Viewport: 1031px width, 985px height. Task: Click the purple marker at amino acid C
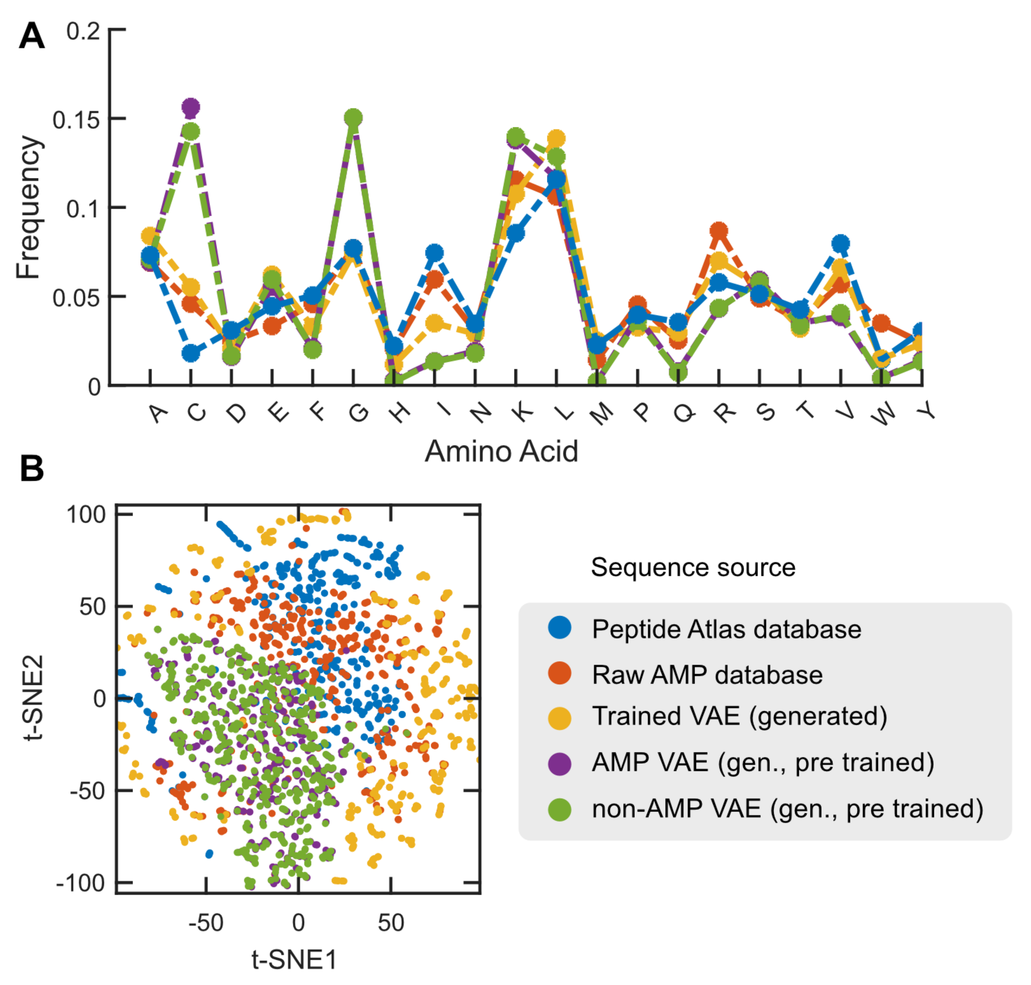pyautogui.click(x=191, y=107)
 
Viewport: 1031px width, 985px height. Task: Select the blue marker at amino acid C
pyautogui.click(x=191, y=353)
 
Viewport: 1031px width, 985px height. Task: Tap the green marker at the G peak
pyautogui.click(x=353, y=118)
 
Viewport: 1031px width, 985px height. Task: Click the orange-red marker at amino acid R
pyautogui.click(x=718, y=230)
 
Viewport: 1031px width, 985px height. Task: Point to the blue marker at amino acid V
pyautogui.click(x=840, y=243)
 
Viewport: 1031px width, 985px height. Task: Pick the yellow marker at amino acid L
pyautogui.click(x=556, y=139)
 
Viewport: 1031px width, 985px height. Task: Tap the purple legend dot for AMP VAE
pyautogui.click(x=559, y=763)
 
